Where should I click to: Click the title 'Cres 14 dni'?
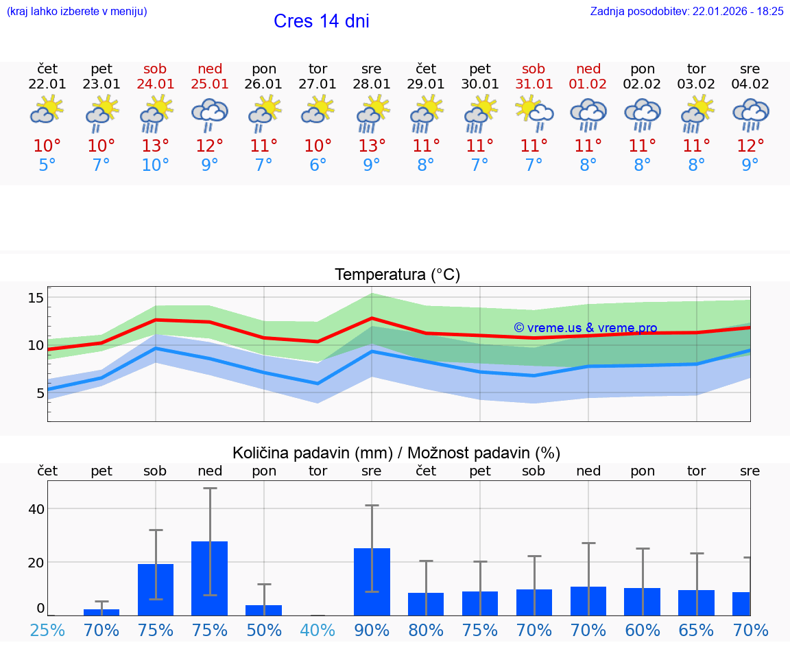321,21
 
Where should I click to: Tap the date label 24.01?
156,84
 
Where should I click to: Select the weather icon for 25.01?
210,113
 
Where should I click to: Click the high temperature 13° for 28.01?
372,146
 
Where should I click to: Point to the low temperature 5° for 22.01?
47,165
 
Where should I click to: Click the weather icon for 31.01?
534,113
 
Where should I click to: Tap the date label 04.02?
750,84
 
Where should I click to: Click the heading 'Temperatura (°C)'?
397,275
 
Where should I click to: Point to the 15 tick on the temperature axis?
36,298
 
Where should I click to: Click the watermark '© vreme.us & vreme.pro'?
585,328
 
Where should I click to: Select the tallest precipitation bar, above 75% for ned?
210,578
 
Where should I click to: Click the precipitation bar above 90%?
372,581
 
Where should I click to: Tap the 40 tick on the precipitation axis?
36,509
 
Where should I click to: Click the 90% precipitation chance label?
372,630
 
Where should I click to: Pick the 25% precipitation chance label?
47,630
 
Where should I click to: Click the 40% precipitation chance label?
318,630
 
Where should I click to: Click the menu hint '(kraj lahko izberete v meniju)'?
77,11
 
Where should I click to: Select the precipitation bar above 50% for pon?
264,610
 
